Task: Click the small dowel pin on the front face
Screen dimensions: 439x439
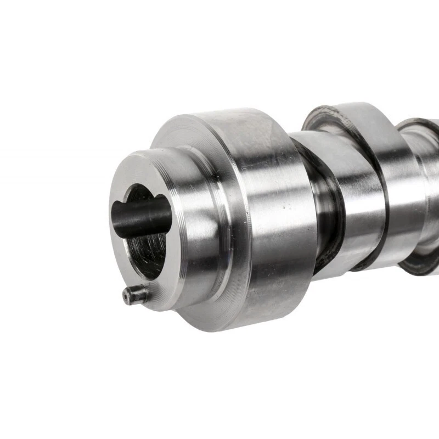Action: (135, 295)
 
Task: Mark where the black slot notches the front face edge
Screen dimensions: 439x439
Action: (116, 209)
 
